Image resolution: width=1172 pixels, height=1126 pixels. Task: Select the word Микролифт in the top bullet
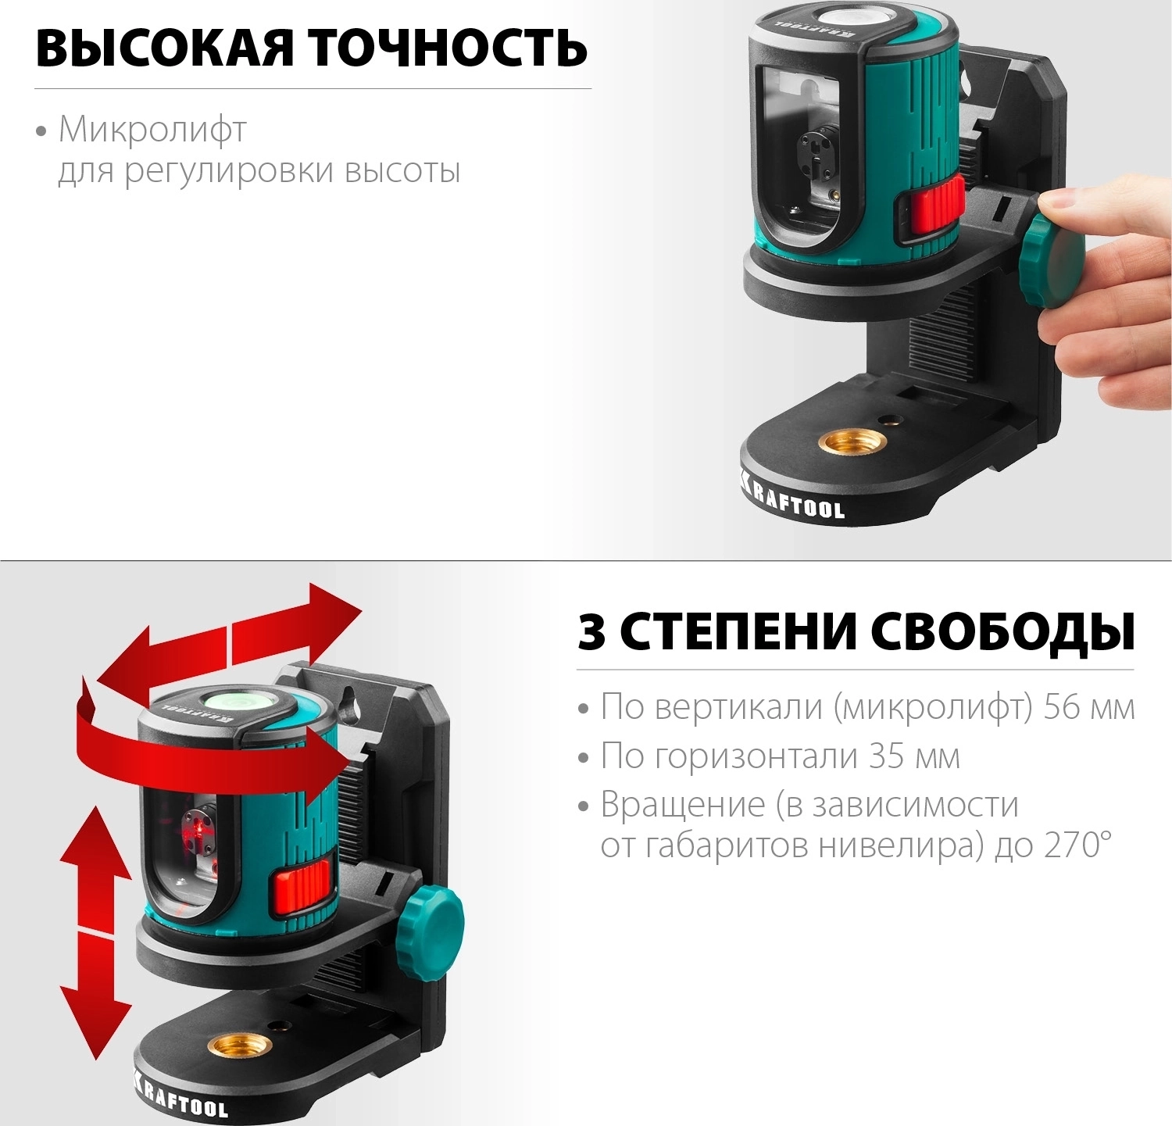click(153, 130)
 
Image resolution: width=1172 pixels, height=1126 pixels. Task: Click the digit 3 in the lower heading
click(591, 632)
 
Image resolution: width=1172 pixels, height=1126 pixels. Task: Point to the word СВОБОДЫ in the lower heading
click(1003, 632)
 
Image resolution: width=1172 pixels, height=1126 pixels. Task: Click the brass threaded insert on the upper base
click(847, 442)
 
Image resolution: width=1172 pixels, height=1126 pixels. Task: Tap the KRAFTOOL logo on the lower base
click(181, 1095)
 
